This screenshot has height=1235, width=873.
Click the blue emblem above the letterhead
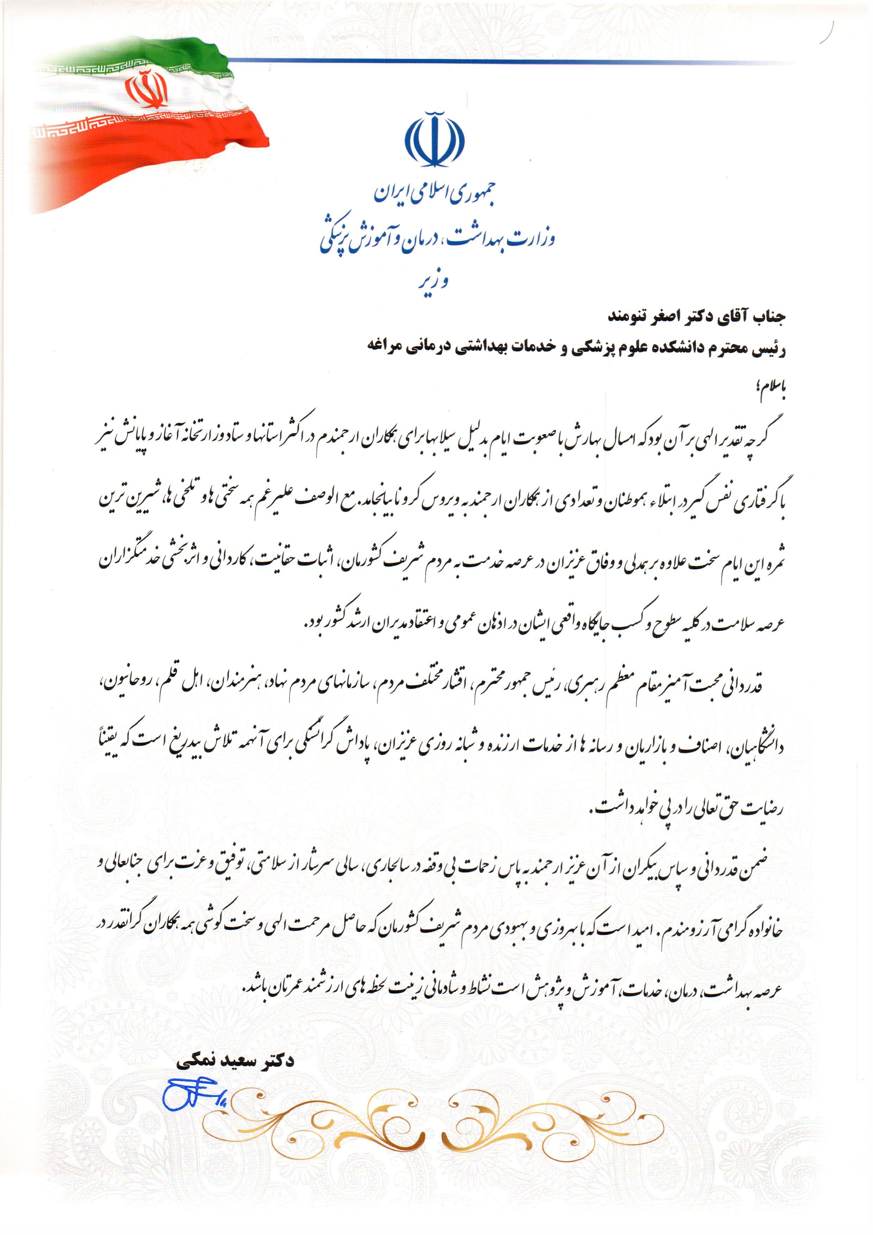point(434,139)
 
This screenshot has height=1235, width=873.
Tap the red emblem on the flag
point(146,91)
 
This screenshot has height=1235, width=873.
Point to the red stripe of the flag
point(161,140)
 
